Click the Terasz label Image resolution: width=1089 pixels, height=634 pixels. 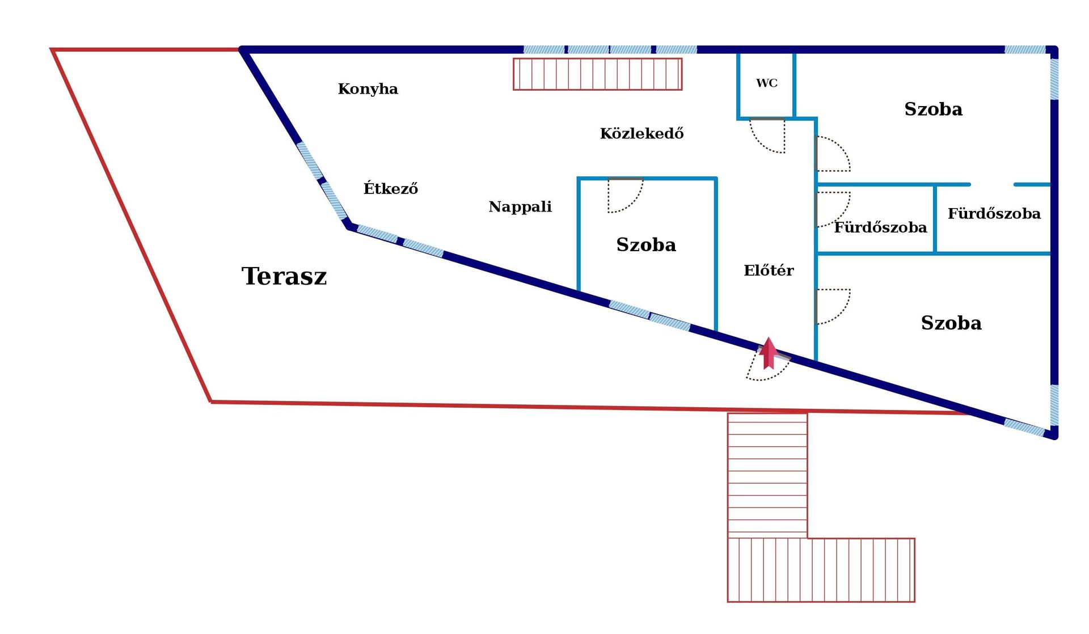[284, 276]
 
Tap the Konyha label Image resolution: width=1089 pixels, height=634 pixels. [368, 89]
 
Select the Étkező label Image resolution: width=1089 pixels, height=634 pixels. [391, 188]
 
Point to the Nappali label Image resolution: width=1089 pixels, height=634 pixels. [520, 206]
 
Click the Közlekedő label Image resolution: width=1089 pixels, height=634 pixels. [641, 133]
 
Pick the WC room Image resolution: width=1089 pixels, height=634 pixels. [766, 85]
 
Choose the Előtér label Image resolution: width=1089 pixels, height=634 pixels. [769, 270]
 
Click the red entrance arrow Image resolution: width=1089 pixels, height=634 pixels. [769, 353]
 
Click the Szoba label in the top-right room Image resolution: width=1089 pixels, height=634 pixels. [933, 109]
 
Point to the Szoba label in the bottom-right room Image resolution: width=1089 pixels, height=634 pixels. [951, 323]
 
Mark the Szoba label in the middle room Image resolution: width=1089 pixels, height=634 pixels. [646, 244]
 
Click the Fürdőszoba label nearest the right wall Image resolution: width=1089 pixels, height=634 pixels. [994, 213]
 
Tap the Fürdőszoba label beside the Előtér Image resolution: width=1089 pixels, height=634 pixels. [880, 227]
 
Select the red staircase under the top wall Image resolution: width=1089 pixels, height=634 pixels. [598, 74]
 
